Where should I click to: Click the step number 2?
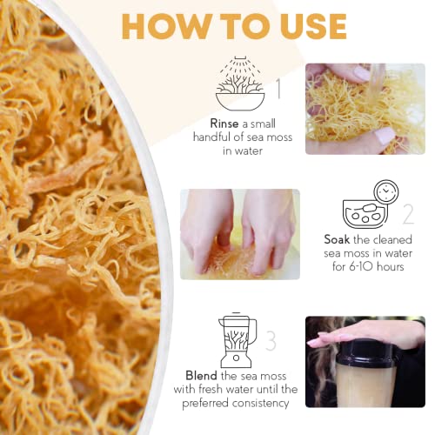click(x=407, y=215)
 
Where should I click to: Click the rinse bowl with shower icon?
click(x=240, y=84)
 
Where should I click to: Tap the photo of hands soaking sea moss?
click(x=239, y=233)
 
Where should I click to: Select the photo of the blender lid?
click(x=365, y=360)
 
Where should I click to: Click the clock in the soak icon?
click(x=386, y=192)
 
